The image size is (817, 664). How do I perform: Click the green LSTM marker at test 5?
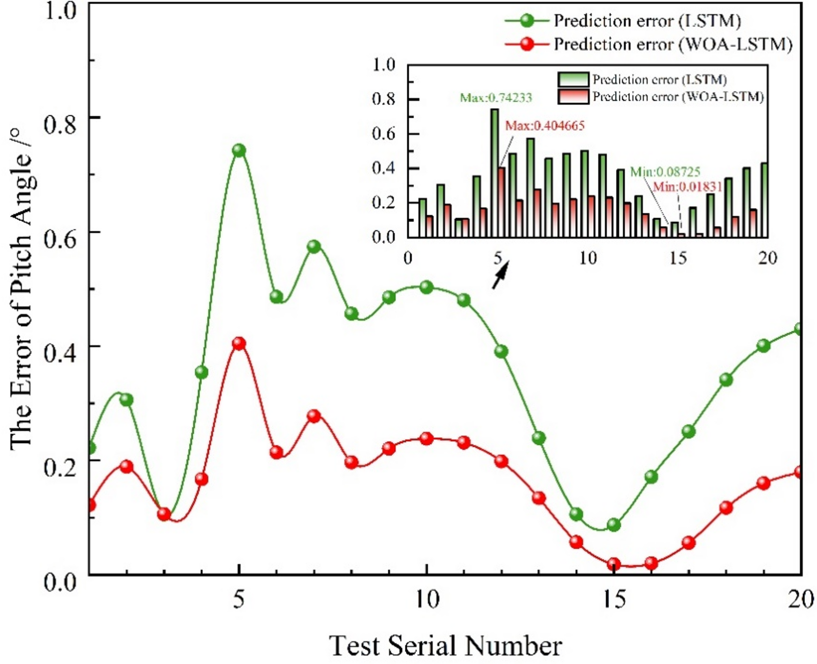click(239, 150)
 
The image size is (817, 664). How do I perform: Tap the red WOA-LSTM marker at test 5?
click(239, 343)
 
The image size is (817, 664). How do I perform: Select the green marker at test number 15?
click(614, 525)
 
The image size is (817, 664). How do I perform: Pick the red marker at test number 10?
click(426, 439)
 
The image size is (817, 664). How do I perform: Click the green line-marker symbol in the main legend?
click(527, 20)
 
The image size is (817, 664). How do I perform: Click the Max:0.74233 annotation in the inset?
click(496, 98)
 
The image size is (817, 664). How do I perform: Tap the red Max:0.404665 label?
click(544, 125)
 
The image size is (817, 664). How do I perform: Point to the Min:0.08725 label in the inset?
click(665, 172)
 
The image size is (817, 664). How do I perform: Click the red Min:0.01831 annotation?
click(687, 187)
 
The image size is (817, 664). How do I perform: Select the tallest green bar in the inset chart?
click(494, 173)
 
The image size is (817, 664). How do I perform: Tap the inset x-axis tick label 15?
click(678, 258)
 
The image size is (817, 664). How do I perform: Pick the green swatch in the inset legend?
click(573, 79)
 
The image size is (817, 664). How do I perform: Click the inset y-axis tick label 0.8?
click(383, 99)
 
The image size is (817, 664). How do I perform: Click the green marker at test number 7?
click(314, 246)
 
